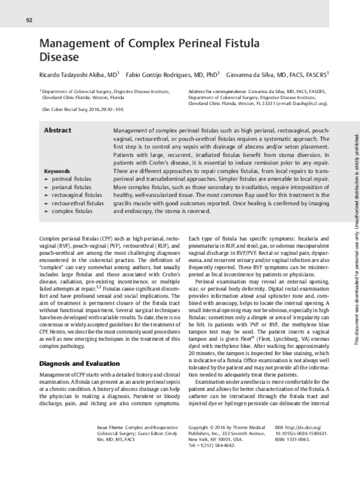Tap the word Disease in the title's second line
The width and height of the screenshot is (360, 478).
pos(59,58)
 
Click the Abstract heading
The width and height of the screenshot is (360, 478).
pos(58,130)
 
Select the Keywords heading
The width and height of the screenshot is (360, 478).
pos(58,171)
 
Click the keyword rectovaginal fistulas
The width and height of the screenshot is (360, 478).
pos(77,196)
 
